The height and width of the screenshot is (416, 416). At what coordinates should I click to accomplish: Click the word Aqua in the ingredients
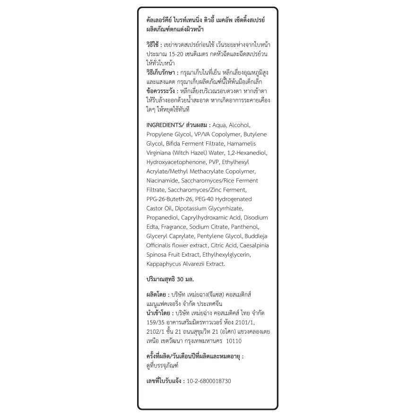pyautogui.click(x=219, y=125)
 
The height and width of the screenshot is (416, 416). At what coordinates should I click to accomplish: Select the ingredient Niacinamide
pyautogui.click(x=163, y=181)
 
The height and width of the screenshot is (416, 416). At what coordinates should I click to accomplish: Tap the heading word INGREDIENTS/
pyautogui.click(x=165, y=125)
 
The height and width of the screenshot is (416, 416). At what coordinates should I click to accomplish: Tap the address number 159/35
pyautogui.click(x=156, y=322)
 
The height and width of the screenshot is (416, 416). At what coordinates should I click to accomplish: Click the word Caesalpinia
pyautogui.click(x=253, y=245)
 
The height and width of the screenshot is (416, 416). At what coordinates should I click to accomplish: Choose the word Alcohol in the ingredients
pyautogui.click(x=243, y=125)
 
